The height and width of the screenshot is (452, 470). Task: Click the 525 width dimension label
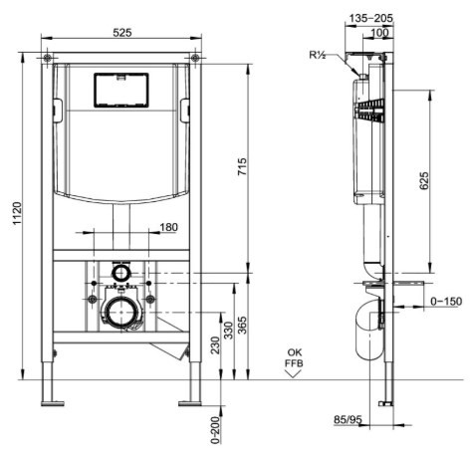coord(122,33)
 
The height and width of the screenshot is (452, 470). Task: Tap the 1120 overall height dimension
coord(17,213)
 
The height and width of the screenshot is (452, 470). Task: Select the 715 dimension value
coord(242,166)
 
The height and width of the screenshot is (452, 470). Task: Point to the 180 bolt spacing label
coord(169,227)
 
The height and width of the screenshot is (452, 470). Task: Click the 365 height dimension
coord(243,326)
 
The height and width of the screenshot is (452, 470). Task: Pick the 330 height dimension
coord(228,331)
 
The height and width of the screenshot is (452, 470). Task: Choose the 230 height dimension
coord(215,345)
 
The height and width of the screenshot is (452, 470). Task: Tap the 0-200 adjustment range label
coord(215,430)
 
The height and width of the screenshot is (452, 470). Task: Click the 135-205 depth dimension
coord(371,18)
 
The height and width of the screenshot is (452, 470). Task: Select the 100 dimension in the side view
coord(379,33)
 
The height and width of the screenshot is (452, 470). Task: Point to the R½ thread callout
coord(318,55)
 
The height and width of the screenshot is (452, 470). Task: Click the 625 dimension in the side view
coord(424,181)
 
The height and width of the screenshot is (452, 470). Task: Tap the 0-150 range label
coord(446,302)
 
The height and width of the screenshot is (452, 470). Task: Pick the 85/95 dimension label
coord(348,420)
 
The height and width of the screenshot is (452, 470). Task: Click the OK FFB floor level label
coord(294,357)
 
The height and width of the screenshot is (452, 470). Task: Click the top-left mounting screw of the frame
coord(47,58)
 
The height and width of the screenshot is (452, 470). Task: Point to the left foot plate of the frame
coord(53,403)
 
